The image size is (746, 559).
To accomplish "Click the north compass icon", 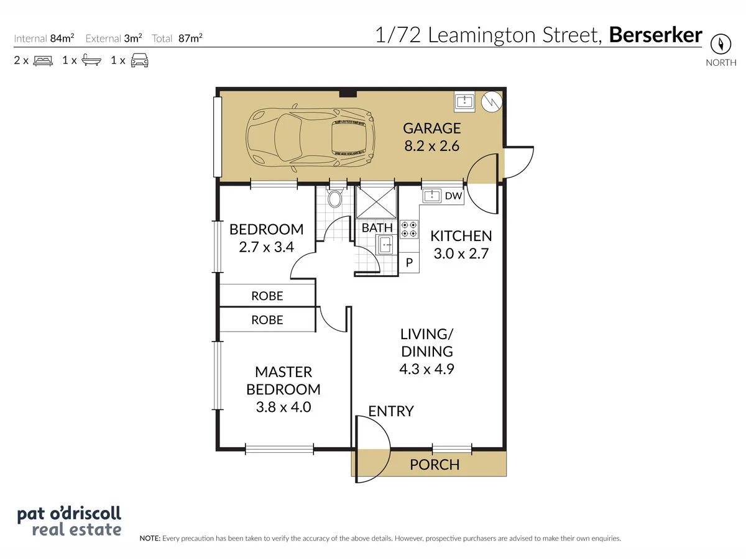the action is pos(721,43).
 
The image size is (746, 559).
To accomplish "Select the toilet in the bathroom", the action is pos(334,198).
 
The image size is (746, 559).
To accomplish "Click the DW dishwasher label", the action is pos(453,196).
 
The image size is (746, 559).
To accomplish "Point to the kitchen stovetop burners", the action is pos(409,229).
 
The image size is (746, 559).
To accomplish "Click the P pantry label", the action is pos(409,262).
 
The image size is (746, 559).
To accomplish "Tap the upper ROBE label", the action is pos(267,296).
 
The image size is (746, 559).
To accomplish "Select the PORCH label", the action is pos(435,465).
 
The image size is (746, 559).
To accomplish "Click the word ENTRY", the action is pos(391,411).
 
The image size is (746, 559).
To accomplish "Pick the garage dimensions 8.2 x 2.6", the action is pos(431,146).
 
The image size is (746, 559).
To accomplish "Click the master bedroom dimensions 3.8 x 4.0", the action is pos(283,407).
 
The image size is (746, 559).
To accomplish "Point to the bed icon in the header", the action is pos(43,60).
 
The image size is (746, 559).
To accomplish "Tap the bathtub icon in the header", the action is pos(91,60).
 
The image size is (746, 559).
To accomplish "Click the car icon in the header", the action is pos(140,60).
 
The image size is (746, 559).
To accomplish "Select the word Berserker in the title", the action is pos(656,35).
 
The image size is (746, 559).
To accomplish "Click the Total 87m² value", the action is pos(190,38).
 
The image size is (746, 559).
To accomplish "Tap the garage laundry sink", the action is pos(464,101).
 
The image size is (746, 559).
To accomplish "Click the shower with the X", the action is pos(376,202).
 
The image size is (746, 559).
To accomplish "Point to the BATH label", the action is pos(377,228).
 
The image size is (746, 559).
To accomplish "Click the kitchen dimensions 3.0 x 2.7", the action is pos(461,253).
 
